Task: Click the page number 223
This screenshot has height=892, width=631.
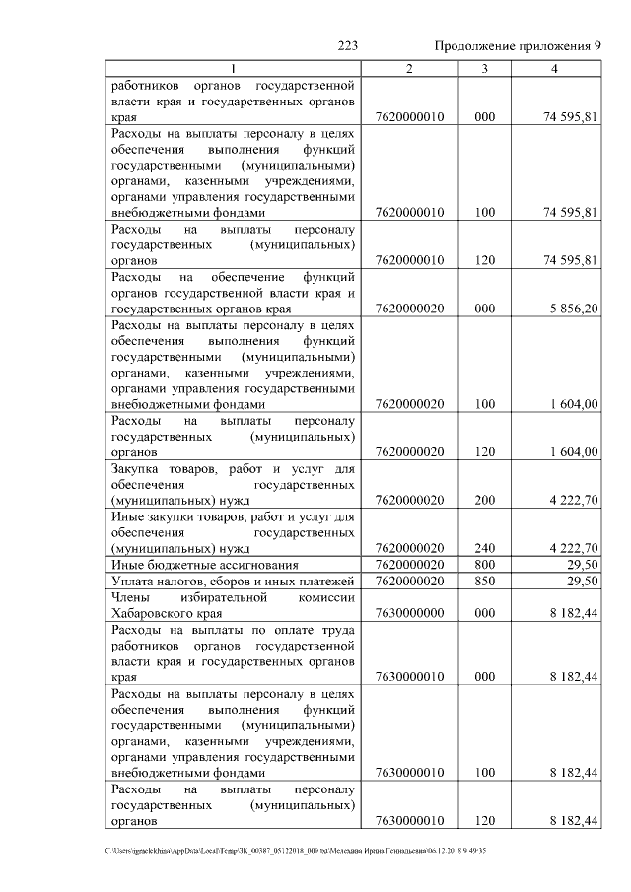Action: [346, 46]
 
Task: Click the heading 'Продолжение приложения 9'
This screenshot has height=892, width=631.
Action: [518, 46]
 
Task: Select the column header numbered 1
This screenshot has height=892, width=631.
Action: [234, 69]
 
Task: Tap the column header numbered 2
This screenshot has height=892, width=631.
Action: [410, 69]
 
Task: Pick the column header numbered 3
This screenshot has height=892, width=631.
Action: [484, 69]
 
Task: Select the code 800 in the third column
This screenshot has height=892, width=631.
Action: [484, 565]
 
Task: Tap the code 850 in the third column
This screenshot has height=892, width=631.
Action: [484, 581]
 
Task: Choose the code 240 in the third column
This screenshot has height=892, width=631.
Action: [484, 548]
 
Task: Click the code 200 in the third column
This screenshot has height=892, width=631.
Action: [484, 500]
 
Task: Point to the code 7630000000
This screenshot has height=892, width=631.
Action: [410, 612]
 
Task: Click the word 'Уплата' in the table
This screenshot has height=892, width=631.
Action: [136, 581]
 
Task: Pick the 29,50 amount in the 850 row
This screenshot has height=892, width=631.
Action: [582, 581]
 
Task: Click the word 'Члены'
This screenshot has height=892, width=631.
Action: [132, 596]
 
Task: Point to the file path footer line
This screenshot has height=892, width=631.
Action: [296, 850]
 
